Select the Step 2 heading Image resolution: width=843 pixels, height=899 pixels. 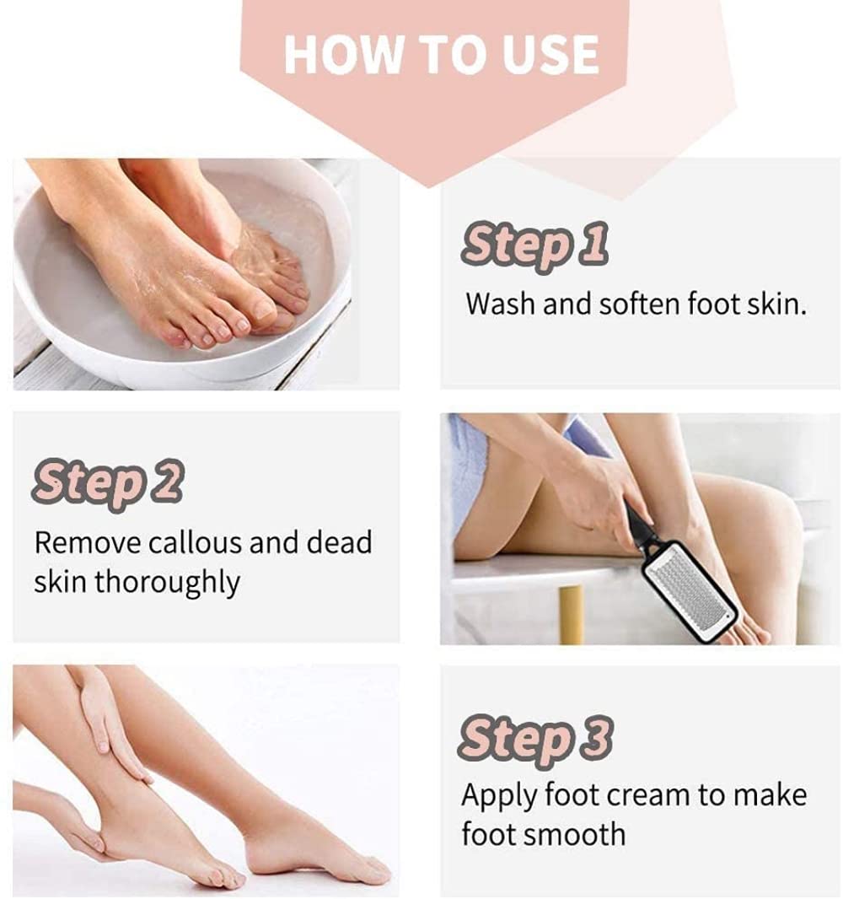point(108,482)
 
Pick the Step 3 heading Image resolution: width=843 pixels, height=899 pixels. point(535,738)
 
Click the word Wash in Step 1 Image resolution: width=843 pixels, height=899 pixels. point(501,304)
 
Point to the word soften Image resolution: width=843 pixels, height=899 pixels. point(629,304)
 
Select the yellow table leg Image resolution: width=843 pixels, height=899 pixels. point(571,614)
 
